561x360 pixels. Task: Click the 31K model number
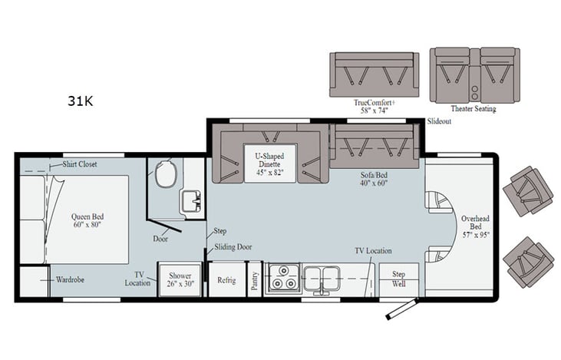click(x=80, y=101)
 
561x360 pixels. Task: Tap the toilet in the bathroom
click(x=165, y=176)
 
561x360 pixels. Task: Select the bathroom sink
click(x=190, y=201)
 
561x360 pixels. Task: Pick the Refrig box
click(x=226, y=280)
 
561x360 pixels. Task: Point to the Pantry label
click(x=254, y=280)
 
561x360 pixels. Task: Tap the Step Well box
click(x=398, y=277)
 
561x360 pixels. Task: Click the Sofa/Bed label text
click(x=373, y=179)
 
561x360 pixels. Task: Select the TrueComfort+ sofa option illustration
click(x=374, y=74)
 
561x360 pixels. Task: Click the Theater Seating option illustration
click(x=464, y=74)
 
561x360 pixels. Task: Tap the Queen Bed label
click(x=87, y=222)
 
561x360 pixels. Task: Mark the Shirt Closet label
click(x=80, y=164)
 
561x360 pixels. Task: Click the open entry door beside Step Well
click(x=403, y=309)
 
